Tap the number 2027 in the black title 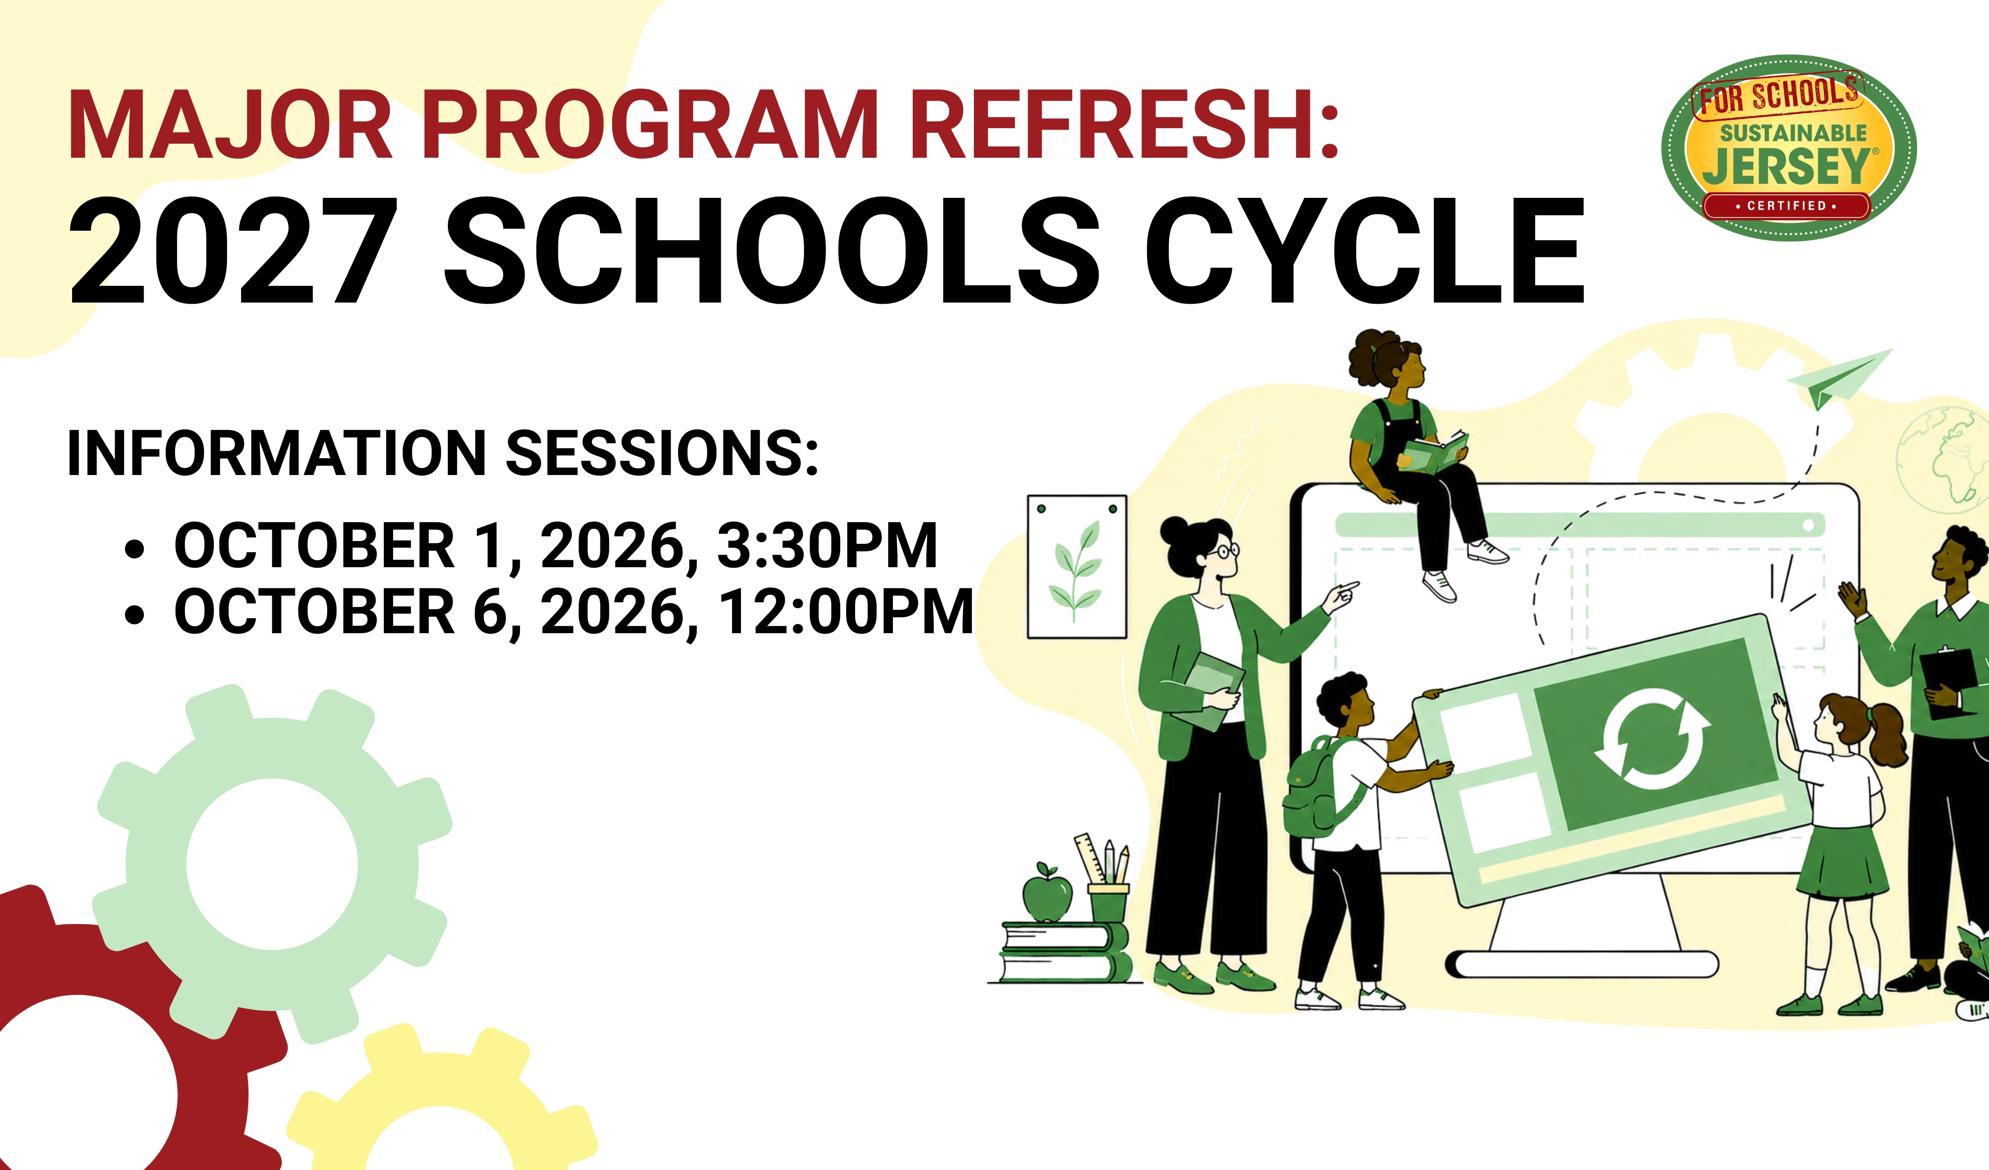234,251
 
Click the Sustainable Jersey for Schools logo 1789,147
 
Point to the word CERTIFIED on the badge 1787,206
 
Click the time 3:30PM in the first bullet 827,546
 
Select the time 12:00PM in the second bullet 846,612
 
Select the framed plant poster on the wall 1076,567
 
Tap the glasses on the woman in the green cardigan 1227,550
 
